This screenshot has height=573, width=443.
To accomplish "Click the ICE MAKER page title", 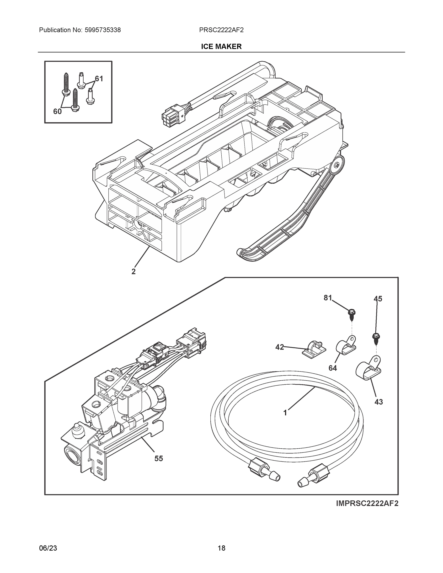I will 221,47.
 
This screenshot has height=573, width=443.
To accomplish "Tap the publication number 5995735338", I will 103,30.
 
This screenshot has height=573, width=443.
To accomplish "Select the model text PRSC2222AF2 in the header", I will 221,30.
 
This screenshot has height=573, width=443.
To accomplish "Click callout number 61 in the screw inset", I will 99,79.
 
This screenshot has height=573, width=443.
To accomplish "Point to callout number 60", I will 57,111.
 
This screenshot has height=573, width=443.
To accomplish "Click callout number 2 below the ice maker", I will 133,271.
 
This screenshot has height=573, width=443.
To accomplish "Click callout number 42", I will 279,347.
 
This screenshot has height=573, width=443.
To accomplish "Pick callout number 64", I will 332,368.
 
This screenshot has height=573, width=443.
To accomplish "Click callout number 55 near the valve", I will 159,458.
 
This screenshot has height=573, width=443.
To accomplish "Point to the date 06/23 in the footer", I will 48,548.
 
